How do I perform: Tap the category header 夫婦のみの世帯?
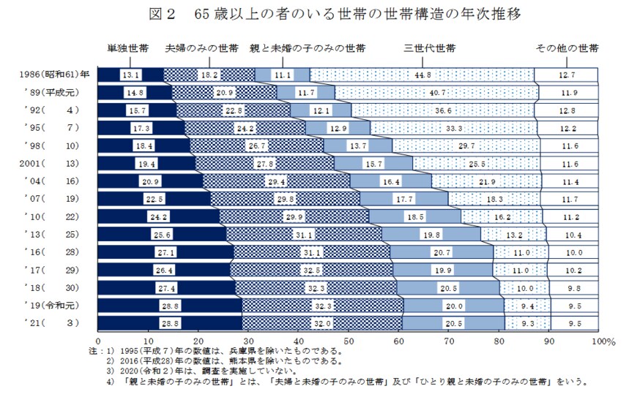202,48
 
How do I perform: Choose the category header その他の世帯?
567,48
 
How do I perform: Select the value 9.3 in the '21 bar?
526,322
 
